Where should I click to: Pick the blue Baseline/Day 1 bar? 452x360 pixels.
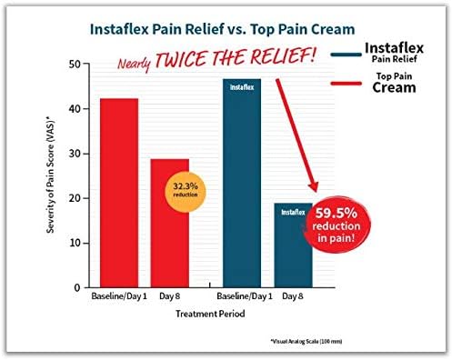[x=242, y=182]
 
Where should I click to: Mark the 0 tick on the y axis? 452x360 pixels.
[x=77, y=287]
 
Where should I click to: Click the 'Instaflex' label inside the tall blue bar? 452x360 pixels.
[x=242, y=86]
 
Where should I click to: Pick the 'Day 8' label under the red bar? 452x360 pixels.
[x=169, y=297]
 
